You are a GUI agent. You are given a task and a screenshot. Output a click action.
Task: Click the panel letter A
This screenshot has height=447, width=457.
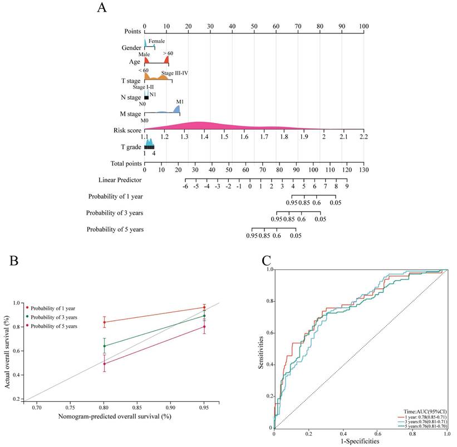tap(102, 7)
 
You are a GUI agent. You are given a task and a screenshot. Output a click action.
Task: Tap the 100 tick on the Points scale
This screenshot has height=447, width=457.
tap(363, 26)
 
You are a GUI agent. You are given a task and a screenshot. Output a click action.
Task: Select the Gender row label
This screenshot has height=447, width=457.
tap(131, 48)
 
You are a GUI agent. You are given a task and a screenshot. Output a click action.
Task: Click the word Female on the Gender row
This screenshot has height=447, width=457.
tap(156, 41)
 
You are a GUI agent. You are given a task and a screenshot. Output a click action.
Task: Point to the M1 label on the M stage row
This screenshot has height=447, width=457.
tap(180, 102)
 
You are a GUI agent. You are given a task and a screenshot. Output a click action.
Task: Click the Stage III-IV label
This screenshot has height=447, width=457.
tap(175, 72)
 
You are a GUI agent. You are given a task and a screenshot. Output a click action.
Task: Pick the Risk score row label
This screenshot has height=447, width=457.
tap(126, 130)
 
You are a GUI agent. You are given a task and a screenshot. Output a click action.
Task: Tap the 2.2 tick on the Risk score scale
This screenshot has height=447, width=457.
tap(363, 136)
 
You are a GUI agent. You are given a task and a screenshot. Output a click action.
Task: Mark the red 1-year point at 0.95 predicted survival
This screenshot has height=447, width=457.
tap(204, 307)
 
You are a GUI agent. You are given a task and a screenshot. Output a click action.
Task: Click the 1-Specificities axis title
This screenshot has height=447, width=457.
tap(357, 440)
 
